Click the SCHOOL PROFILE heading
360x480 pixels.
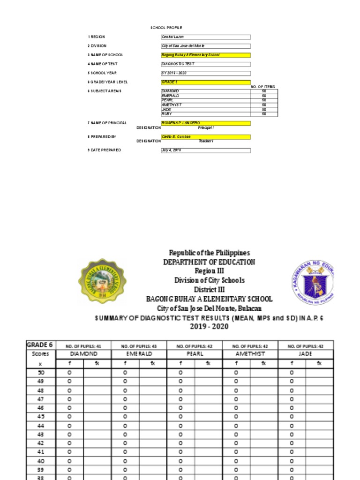point(166,28)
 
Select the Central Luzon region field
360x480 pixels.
point(205,37)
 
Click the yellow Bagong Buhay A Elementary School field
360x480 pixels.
point(205,55)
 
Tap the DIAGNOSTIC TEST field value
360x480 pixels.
point(205,64)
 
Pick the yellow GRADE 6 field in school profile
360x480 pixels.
point(205,82)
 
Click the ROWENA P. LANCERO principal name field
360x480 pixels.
point(205,123)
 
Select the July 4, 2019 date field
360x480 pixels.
point(205,150)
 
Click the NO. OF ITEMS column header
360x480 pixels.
point(263,87)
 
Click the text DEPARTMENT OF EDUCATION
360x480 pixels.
point(209,262)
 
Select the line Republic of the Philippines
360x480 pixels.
point(209,253)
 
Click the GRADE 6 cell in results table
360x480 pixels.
point(39,345)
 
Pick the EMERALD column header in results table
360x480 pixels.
point(139,354)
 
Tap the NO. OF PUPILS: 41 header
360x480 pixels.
point(83,346)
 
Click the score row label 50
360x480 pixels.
point(40,372)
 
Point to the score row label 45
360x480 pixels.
point(40,417)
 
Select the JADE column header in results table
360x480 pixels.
point(305,354)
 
